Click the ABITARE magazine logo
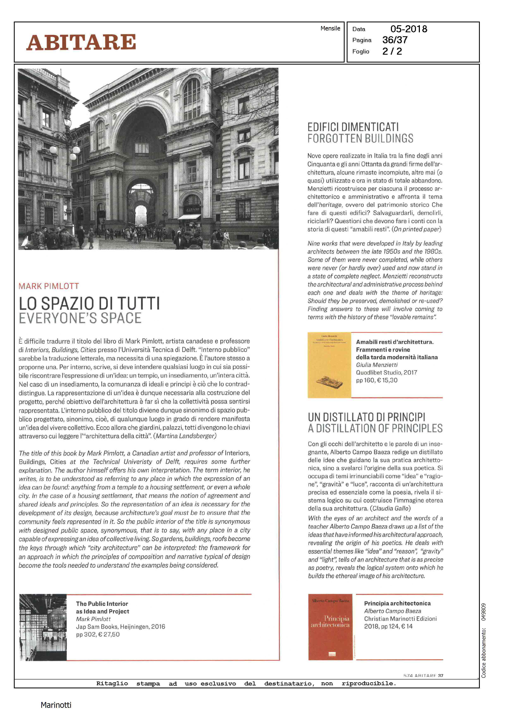tap(81, 42)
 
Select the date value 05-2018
tap(409, 29)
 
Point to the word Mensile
tap(330, 28)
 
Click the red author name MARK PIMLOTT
tap(49, 286)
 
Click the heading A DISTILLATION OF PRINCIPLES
tap(375, 429)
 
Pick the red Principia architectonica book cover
tap(330, 627)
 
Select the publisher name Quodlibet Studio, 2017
tap(386, 372)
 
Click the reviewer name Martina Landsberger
tap(185, 436)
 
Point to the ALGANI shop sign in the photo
tap(192, 209)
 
